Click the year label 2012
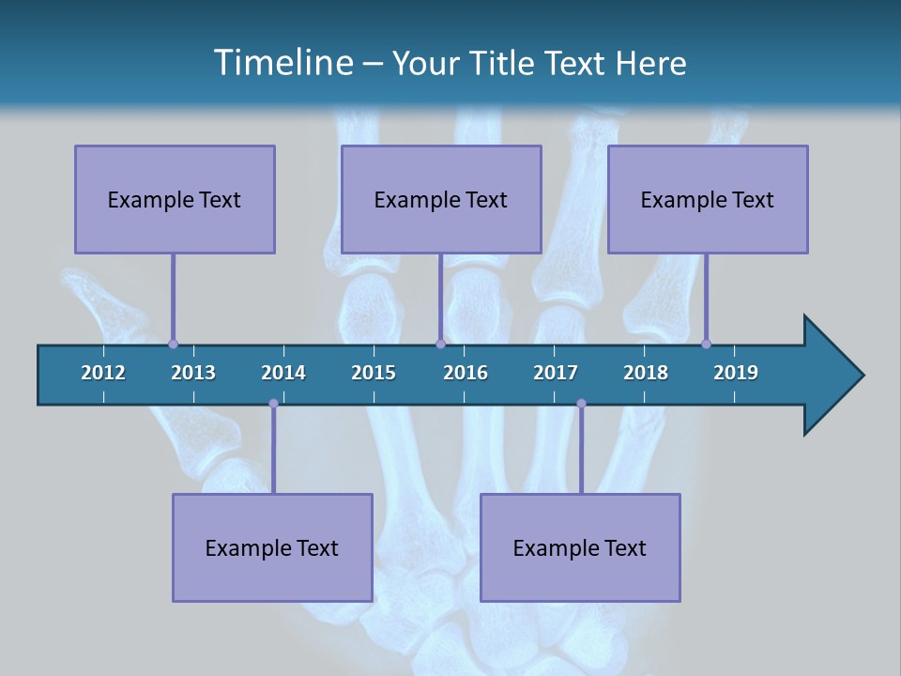pos(103,373)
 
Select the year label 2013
pos(193,373)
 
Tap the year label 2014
pos(283,373)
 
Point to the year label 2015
pos(374,373)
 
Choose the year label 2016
pos(466,373)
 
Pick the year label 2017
pos(556,373)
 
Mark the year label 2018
pos(646,373)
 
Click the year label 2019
pos(736,373)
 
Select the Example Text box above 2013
pos(175,199)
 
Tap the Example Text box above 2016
pos(441,199)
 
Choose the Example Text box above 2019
pos(708,199)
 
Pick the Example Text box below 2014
pos(272,547)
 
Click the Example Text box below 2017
pos(580,547)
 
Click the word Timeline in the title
pos(283,62)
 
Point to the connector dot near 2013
pos(173,344)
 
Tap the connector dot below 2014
pos(273,404)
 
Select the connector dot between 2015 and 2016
pos(440,344)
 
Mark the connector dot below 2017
pos(581,404)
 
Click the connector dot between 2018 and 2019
pos(706,344)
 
